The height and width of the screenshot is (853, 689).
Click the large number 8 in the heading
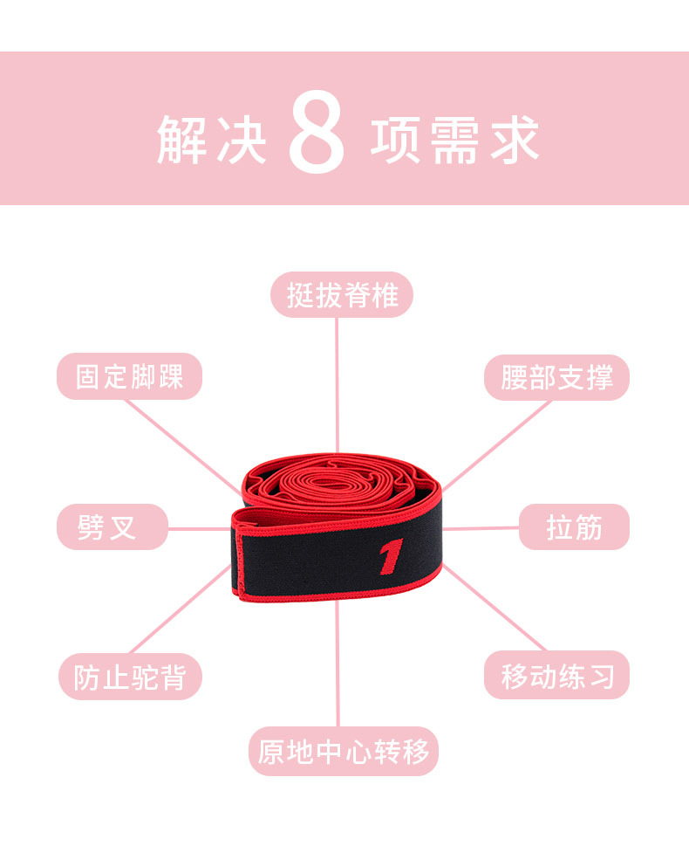click(317, 131)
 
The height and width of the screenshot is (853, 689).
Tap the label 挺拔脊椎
click(342, 295)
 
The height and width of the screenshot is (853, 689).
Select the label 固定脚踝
click(129, 377)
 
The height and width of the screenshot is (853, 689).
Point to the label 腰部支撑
click(556, 377)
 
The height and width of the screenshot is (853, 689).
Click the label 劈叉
click(112, 527)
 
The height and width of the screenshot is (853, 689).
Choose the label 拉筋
click(574, 527)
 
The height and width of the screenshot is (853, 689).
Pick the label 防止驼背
click(130, 677)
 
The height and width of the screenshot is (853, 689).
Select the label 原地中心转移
click(343, 751)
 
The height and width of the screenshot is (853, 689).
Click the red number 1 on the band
click(391, 557)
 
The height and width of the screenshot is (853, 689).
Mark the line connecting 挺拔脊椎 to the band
click(337, 384)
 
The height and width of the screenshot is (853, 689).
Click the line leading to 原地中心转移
click(338, 664)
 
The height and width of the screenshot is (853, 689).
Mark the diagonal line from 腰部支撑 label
click(497, 445)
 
